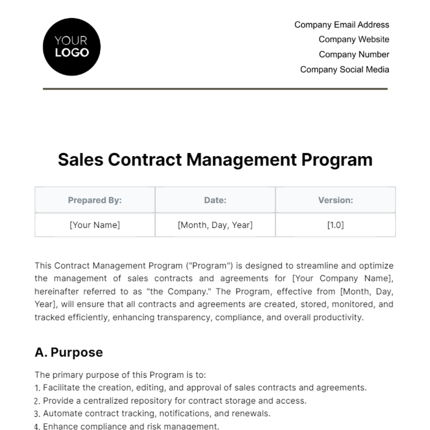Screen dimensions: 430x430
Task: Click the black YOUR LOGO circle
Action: point(72,47)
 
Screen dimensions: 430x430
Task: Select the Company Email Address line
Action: point(341,25)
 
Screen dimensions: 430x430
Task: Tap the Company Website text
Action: point(354,39)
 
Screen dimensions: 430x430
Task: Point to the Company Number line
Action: point(354,54)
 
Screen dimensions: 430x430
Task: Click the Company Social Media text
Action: point(344,70)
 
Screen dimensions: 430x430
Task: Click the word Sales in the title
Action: point(81,159)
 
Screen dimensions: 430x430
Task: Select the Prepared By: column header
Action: point(95,200)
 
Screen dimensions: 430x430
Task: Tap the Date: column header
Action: point(215,200)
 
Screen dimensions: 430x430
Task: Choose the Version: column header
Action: point(335,200)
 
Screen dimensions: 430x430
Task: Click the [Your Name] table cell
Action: point(95,225)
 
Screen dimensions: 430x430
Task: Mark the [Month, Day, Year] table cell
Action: point(215,225)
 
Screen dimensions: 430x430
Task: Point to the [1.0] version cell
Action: point(335,225)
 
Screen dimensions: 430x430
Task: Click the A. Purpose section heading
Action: point(69,352)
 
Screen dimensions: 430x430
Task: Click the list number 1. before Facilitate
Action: point(37,388)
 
